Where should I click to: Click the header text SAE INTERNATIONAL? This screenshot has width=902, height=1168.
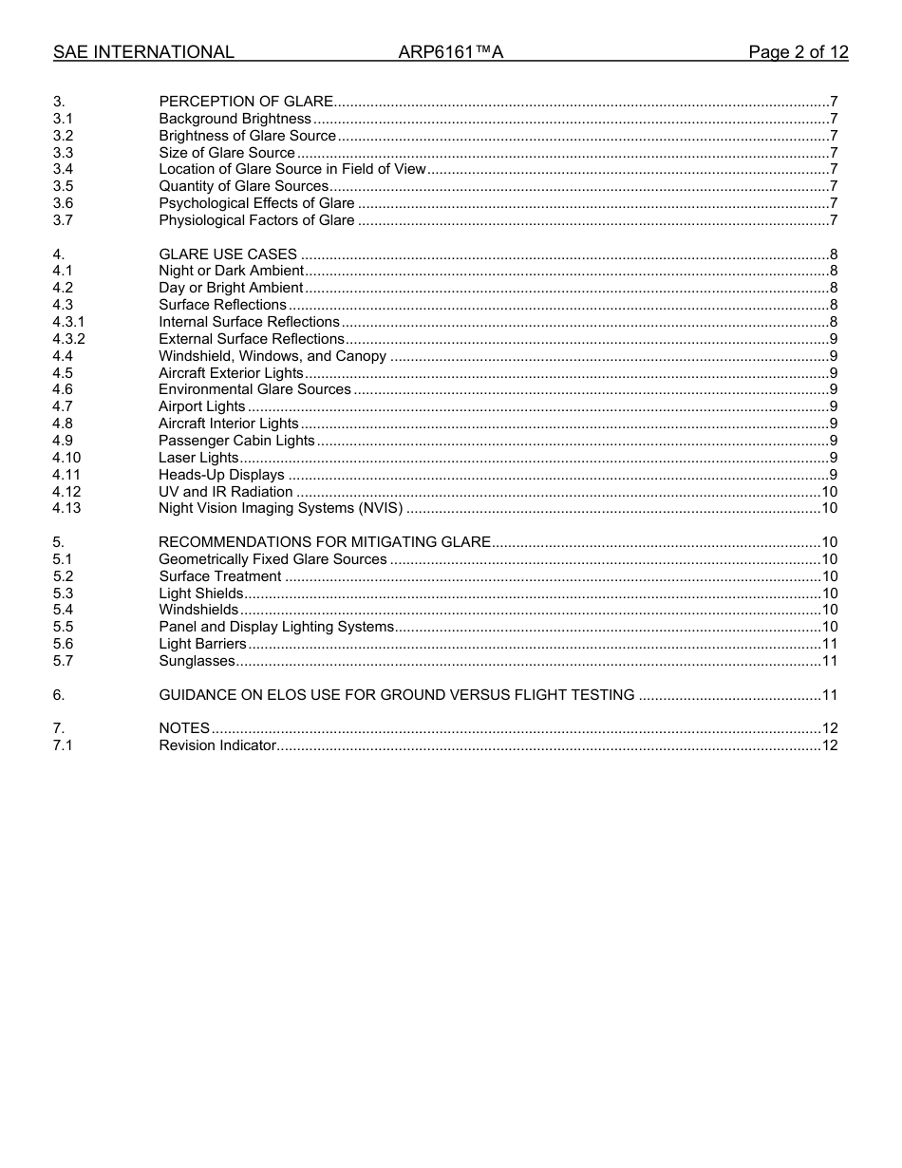coord(143,52)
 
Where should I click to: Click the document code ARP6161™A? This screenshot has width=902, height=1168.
coord(450,52)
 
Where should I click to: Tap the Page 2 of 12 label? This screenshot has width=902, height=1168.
coord(798,52)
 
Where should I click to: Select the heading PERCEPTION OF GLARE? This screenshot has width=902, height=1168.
coord(246,102)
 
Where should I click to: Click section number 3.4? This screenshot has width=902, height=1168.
coord(63,169)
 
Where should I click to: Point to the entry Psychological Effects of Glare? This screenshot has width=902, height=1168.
coord(256,203)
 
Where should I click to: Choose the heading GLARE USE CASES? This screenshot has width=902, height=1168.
coord(228,254)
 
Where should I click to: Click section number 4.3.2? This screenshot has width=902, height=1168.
coord(68,339)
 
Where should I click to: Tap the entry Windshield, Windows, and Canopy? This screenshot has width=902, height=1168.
coord(272,356)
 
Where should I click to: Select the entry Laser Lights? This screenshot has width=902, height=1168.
coord(198,458)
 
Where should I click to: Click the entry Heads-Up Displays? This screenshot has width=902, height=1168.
coord(221,475)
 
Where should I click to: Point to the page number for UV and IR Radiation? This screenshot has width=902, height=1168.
coord(829,492)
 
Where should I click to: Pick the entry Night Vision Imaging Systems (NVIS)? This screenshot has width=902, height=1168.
coord(280,508)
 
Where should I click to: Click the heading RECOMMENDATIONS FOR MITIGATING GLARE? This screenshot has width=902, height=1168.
coord(325,542)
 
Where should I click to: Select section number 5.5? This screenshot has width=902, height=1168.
coord(63,627)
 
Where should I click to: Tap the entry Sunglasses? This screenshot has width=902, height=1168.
coord(197,661)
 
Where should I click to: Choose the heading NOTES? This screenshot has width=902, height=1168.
coord(184,728)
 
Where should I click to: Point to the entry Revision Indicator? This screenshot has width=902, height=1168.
coord(217,745)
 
